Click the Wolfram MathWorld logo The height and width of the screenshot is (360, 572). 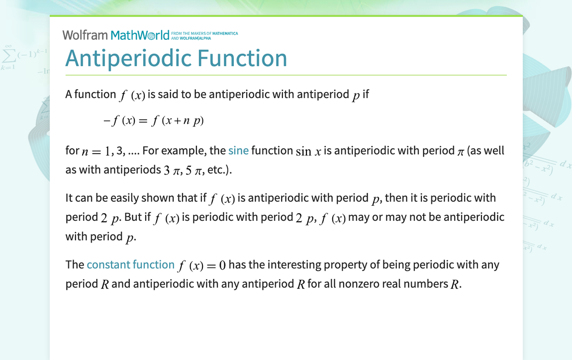coord(115,35)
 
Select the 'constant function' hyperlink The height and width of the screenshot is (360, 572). coord(130,265)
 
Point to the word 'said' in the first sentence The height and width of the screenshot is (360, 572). coord(168,94)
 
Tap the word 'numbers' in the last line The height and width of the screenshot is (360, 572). coord(427,284)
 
